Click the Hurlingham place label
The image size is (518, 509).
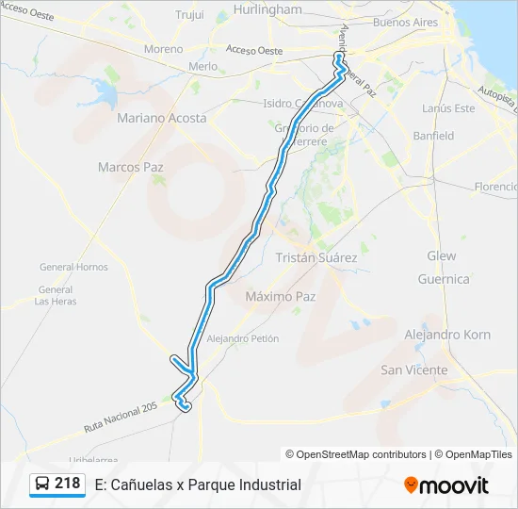point(267,9)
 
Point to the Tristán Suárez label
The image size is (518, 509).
point(316,256)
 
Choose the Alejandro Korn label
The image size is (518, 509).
point(446,335)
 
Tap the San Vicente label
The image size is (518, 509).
point(413,370)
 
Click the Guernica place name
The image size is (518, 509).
point(443,279)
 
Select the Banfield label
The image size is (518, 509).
point(433,136)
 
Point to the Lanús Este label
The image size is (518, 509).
point(448,108)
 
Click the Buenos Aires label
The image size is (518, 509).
point(405,22)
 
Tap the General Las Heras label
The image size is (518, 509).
point(56,295)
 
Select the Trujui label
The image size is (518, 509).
point(190,14)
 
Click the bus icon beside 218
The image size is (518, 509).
point(43,484)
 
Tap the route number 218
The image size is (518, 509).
point(67,484)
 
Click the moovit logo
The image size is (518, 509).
point(446,485)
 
